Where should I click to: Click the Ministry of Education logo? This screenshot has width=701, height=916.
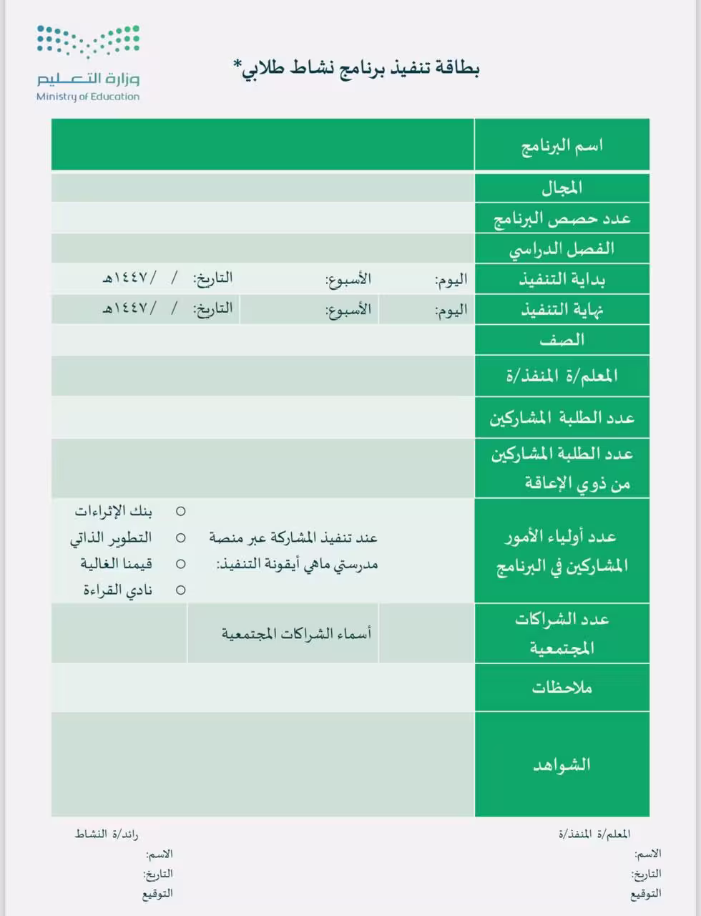click(88, 64)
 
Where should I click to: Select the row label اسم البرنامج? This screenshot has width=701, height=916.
click(562, 145)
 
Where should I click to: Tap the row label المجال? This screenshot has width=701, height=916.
click(562, 187)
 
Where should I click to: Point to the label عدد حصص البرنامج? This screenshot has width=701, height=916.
click(562, 218)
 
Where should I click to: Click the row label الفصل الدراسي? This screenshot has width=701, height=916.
click(562, 249)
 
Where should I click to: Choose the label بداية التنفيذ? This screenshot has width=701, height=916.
click(562, 279)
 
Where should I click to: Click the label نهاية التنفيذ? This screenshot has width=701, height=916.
click(562, 310)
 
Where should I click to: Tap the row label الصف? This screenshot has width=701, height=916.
click(562, 340)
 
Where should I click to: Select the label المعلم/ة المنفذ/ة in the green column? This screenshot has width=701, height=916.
click(562, 376)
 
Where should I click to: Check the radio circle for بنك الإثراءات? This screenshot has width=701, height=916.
click(181, 512)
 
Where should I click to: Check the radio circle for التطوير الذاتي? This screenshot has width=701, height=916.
click(181, 538)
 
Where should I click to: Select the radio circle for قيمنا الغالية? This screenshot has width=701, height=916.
click(181, 564)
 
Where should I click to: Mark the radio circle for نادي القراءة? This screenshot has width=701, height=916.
click(181, 590)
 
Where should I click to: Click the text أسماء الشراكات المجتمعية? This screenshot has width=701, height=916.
click(296, 633)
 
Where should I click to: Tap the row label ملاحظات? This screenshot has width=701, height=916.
click(562, 688)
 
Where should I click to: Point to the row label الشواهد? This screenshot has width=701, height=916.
click(562, 764)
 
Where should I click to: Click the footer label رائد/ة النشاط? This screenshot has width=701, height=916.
click(107, 834)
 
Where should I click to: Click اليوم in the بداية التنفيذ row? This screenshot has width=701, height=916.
click(451, 280)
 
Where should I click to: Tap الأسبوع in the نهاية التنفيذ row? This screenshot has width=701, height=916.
click(348, 311)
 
